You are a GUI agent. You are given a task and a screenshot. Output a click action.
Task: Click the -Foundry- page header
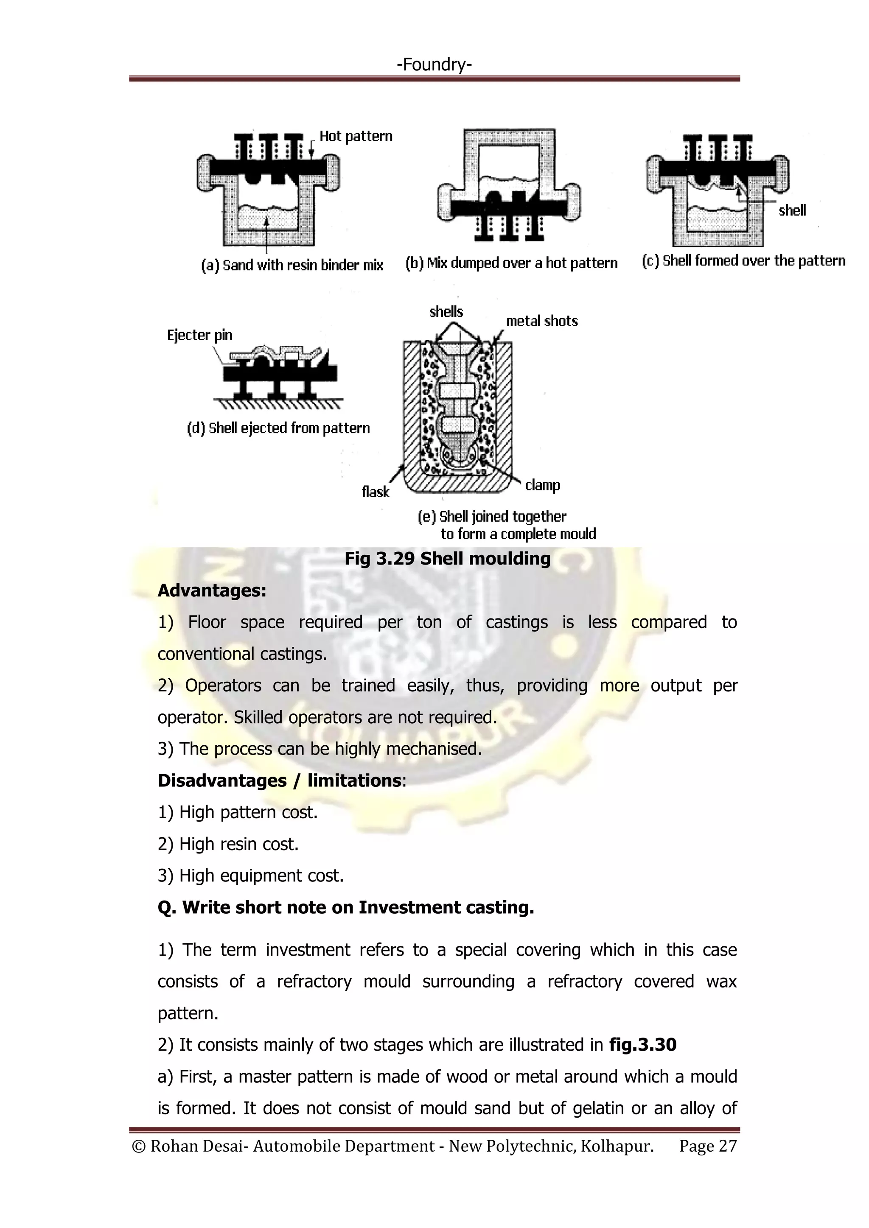click(x=434, y=65)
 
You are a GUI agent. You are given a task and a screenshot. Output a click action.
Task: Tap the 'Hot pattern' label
click(x=356, y=137)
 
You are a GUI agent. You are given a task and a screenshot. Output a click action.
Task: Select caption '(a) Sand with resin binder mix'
click(x=292, y=265)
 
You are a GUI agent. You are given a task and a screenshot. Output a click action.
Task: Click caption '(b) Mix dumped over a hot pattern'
click(x=511, y=263)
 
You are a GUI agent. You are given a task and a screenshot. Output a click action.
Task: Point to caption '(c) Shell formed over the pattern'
click(x=743, y=261)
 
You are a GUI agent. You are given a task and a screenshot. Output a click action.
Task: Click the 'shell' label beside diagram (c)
click(x=792, y=211)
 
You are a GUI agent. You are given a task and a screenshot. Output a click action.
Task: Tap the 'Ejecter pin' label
click(x=199, y=336)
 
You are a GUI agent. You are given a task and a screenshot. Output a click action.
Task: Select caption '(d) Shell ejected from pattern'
click(x=278, y=428)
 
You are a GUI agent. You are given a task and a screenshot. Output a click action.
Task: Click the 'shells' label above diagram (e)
click(x=446, y=312)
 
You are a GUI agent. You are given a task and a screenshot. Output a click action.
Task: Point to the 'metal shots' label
click(x=541, y=322)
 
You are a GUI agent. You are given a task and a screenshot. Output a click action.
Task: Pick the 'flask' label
click(x=376, y=492)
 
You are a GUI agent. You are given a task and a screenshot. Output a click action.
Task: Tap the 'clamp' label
click(x=543, y=485)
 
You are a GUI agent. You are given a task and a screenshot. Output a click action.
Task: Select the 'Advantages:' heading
click(x=212, y=590)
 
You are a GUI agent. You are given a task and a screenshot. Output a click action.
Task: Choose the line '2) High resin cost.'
click(x=228, y=844)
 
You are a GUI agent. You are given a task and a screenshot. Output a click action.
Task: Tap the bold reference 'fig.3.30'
click(x=643, y=1045)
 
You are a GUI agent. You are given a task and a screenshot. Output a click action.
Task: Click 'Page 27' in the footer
click(x=708, y=1146)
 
